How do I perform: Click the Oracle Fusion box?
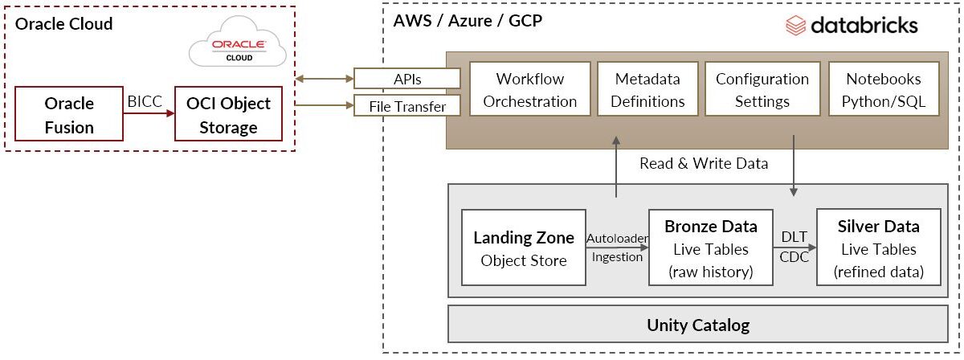click(69, 115)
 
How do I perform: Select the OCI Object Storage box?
click(228, 115)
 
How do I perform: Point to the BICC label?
click(145, 102)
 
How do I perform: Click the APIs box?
click(407, 79)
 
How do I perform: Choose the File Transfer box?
click(407, 105)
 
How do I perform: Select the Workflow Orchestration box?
click(529, 90)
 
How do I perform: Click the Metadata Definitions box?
click(647, 90)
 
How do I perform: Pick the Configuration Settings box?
click(762, 90)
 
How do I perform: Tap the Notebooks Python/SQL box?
click(883, 90)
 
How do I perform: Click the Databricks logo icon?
click(795, 27)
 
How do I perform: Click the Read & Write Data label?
click(704, 163)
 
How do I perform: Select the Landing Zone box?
click(523, 248)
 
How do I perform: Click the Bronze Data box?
click(710, 248)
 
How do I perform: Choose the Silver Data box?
click(878, 248)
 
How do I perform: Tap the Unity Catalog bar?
click(697, 325)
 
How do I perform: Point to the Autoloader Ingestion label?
click(617, 248)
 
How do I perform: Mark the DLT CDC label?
click(794, 247)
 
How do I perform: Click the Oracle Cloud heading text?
click(64, 24)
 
